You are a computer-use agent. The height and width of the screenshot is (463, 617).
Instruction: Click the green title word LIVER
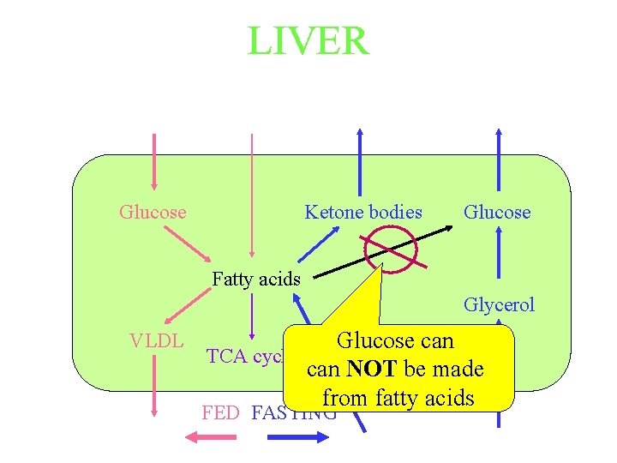tap(308, 40)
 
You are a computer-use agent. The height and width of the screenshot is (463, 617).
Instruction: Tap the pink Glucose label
tap(153, 212)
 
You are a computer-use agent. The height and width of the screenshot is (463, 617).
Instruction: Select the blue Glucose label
tap(497, 212)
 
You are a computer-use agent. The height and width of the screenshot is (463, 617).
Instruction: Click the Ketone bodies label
tap(363, 212)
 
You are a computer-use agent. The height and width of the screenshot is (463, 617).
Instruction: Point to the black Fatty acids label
tap(256, 279)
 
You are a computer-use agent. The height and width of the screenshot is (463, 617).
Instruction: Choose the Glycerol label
tap(499, 304)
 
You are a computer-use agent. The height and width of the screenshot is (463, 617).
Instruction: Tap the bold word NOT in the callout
tap(372, 370)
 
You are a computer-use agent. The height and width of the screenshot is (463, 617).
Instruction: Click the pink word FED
tap(220, 412)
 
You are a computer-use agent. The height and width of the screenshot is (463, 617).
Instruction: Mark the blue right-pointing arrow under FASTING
tap(298, 436)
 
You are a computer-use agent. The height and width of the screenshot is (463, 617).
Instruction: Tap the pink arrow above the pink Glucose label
tap(153, 163)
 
